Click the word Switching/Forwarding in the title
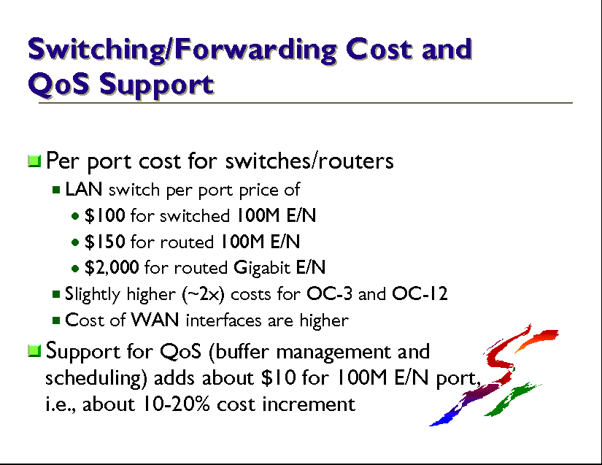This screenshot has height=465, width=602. (x=182, y=50)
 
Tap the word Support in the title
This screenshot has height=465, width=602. (x=157, y=85)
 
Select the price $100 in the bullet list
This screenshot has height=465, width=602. (x=105, y=215)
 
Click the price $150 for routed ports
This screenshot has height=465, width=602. (x=105, y=242)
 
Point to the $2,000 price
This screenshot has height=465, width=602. (x=112, y=268)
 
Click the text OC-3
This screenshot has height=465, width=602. (x=329, y=294)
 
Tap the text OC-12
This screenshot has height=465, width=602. (x=420, y=294)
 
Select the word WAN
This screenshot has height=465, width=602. (x=155, y=320)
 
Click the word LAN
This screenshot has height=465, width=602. (x=84, y=189)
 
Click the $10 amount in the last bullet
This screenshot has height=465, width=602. (x=279, y=377)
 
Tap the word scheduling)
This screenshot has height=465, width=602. (x=96, y=378)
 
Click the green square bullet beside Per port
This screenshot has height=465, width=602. (x=34, y=161)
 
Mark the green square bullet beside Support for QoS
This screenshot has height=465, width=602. (x=34, y=350)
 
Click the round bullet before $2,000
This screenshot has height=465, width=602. (x=75, y=269)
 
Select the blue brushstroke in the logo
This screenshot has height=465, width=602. (x=445, y=417)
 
